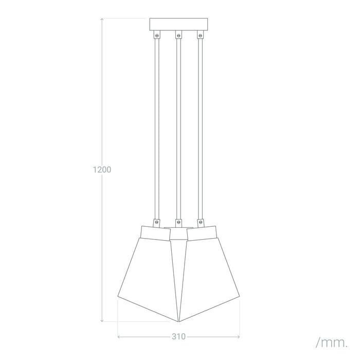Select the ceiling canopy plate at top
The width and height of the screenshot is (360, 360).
tap(178, 24)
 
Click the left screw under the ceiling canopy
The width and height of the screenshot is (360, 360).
tap(157, 35)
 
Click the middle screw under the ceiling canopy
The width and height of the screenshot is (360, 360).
tap(178, 35)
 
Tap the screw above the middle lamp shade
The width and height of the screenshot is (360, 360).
tap(178, 222)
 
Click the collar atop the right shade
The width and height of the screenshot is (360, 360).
tap(202, 232)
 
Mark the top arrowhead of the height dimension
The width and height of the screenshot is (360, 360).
tap(104, 19)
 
